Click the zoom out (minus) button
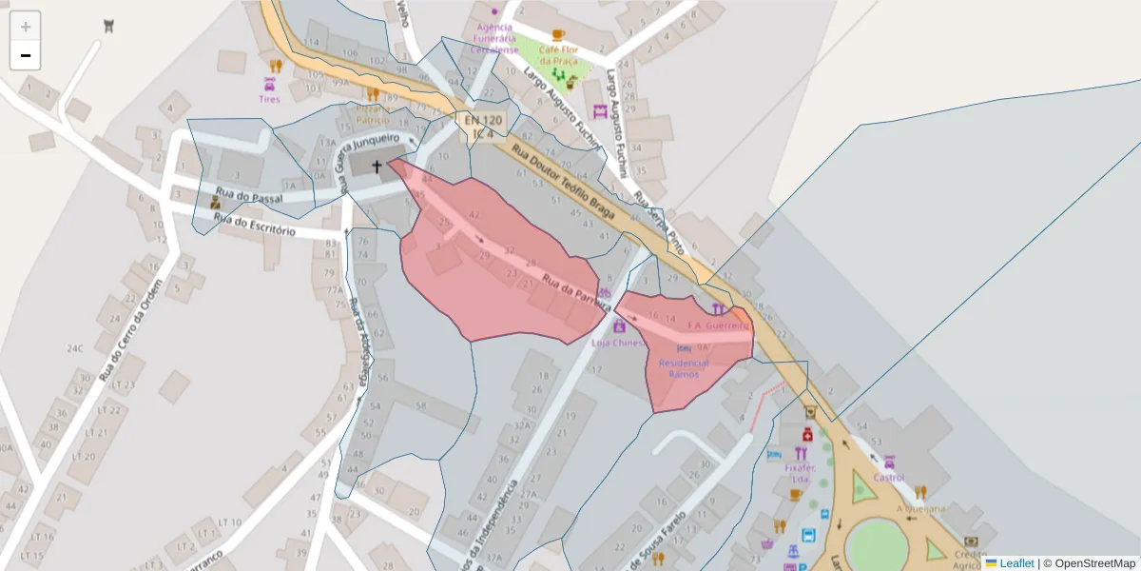26,55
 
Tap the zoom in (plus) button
26,27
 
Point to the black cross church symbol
377,167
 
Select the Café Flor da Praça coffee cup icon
558,35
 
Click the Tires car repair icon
269,84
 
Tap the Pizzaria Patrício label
373,114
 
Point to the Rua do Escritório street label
255,226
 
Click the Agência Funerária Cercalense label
494,38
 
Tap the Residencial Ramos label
684,368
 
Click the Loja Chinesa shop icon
619,326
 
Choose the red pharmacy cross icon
806,435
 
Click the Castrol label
888,478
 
